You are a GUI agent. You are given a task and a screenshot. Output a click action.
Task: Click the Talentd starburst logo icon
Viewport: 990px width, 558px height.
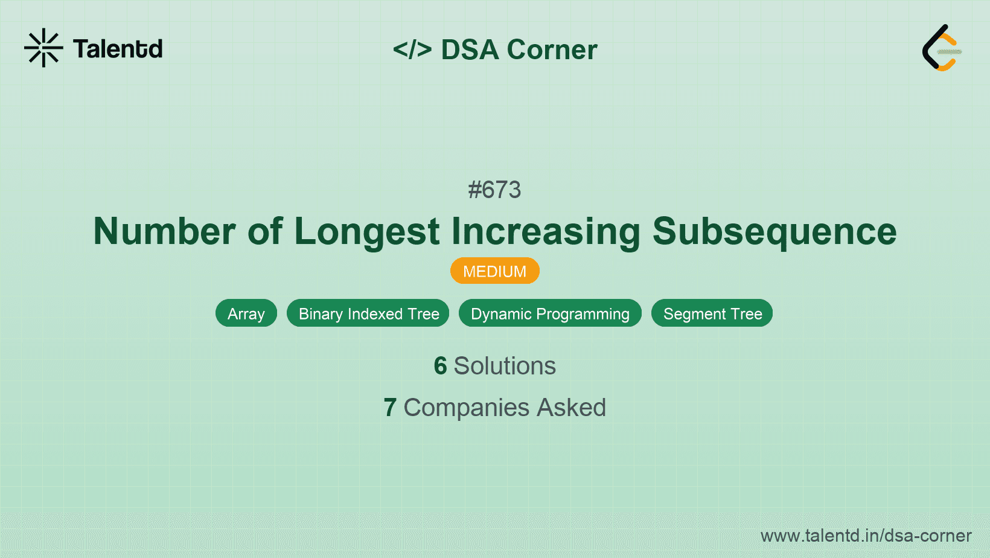(x=43, y=48)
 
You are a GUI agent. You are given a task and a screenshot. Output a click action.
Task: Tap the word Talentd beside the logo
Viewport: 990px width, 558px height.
(x=118, y=49)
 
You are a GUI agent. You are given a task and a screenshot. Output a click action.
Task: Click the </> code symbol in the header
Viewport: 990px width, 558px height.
(x=412, y=50)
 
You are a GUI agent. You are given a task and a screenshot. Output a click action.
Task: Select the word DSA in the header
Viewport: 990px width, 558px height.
(x=470, y=50)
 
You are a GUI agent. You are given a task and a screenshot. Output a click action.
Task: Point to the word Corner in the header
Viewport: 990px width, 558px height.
(x=552, y=50)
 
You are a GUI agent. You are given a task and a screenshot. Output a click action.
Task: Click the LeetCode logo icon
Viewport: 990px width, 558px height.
(x=941, y=48)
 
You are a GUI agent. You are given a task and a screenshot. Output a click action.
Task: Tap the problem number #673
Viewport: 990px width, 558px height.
(x=494, y=190)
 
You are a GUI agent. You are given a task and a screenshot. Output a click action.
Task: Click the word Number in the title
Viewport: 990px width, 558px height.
(x=164, y=231)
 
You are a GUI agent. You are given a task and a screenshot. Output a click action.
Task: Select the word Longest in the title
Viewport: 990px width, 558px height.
(x=367, y=231)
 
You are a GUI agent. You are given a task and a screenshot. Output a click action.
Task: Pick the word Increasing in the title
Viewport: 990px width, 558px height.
(x=546, y=231)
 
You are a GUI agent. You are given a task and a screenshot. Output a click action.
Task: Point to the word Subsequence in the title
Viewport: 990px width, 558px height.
(x=774, y=231)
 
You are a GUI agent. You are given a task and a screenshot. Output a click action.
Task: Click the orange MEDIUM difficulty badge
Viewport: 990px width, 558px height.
(x=494, y=271)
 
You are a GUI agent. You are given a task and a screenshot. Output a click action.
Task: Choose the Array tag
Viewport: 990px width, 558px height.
(x=246, y=313)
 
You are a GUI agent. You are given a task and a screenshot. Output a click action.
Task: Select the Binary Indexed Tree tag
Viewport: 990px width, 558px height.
(x=368, y=313)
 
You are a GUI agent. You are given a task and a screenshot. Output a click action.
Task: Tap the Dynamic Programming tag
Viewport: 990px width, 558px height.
(x=550, y=313)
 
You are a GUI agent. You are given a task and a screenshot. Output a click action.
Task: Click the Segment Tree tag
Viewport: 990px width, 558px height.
(x=712, y=313)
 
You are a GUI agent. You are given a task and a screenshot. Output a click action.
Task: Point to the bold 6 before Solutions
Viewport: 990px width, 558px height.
(x=440, y=366)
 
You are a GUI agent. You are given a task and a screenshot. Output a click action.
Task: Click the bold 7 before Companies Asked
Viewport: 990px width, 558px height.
(x=390, y=408)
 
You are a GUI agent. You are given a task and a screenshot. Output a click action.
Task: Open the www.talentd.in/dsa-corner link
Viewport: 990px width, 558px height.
(x=866, y=536)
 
